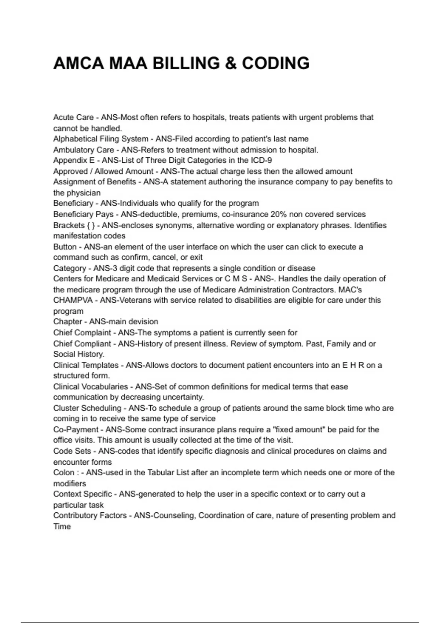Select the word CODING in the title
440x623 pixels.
coord(276,63)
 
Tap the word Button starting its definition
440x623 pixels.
coord(65,247)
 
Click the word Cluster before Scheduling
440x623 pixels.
coord(66,408)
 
